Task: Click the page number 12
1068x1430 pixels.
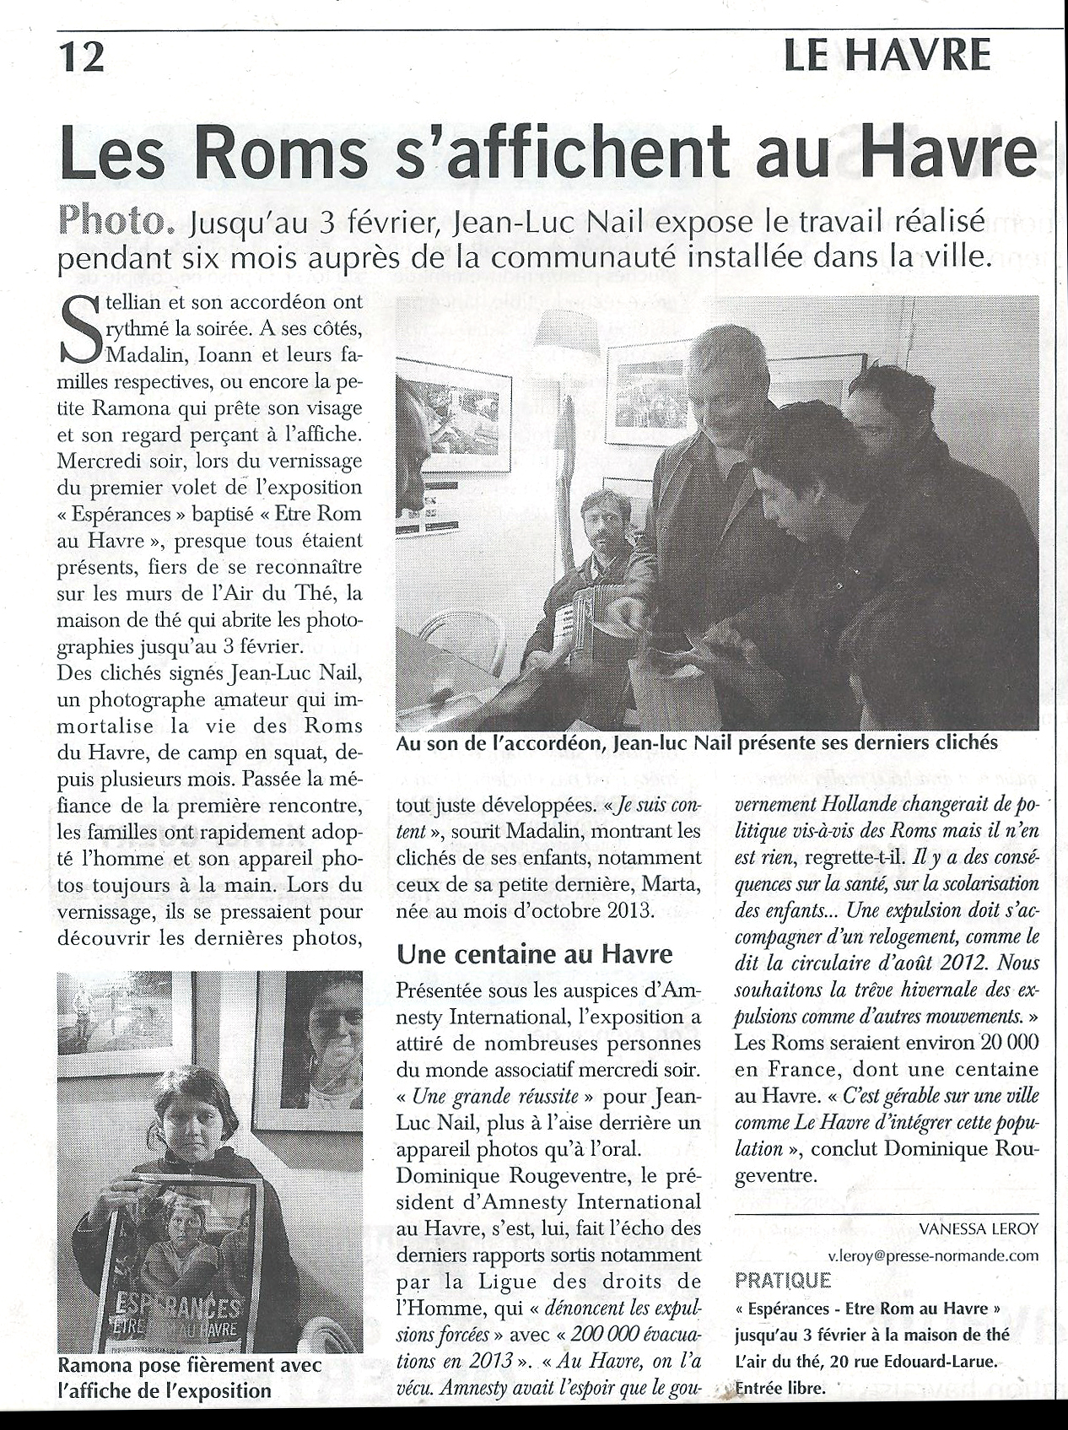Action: [x=81, y=57]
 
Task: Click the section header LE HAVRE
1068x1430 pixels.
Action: [x=886, y=56]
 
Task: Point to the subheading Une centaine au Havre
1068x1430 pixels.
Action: [x=535, y=953]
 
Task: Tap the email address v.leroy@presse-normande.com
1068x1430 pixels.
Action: [x=932, y=1255]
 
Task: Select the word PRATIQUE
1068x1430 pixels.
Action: [x=782, y=1281]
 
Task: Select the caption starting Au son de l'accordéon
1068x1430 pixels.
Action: [x=697, y=743]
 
